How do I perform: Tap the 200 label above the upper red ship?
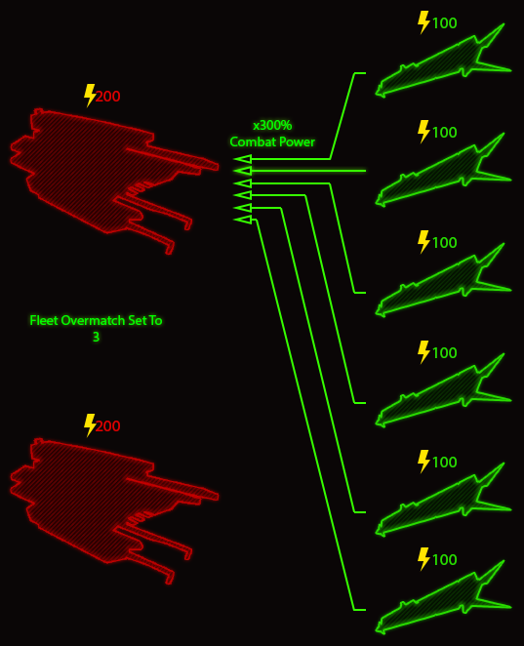point(108,97)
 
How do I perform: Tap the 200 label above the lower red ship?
point(108,426)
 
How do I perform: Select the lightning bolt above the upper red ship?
point(90,96)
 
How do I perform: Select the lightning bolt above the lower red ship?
point(90,425)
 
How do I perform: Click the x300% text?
point(272,125)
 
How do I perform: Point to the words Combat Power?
point(272,142)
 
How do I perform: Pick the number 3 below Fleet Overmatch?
point(96,337)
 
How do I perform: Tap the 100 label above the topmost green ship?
point(445,23)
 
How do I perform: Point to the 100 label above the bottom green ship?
point(445,560)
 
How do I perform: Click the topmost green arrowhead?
point(243,159)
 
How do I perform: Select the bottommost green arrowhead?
point(243,220)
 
